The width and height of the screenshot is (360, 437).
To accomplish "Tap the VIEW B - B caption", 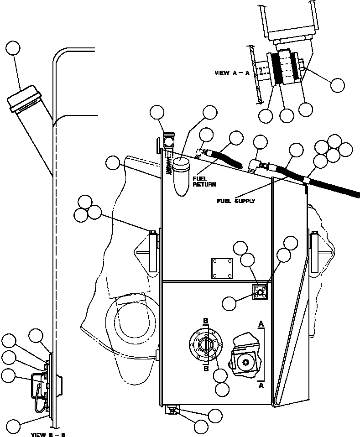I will pyautogui.click(x=48, y=435).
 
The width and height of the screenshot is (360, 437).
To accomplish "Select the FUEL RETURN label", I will pyautogui.click(x=203, y=182).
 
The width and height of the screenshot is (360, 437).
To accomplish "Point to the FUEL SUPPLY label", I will pyautogui.click(x=236, y=200).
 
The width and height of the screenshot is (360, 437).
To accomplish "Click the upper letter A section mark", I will pyautogui.click(x=261, y=323).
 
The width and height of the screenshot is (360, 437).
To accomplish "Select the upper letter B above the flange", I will pyautogui.click(x=206, y=322).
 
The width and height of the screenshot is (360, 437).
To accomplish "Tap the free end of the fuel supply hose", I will pyautogui.click(x=356, y=195).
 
